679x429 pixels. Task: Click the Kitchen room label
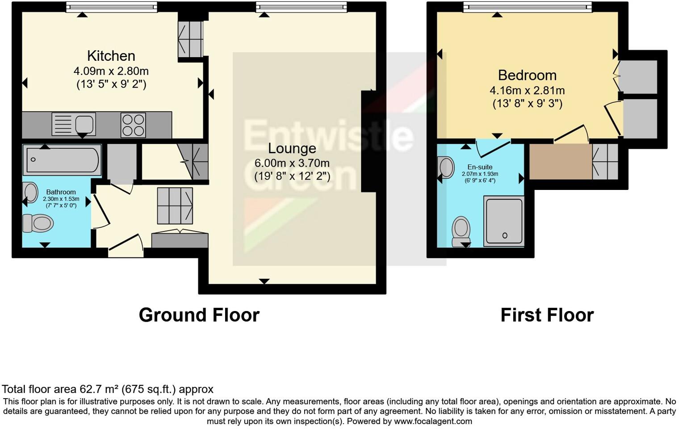[x=111, y=56]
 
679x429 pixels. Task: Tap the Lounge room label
[x=292, y=148]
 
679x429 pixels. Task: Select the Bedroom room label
[x=527, y=75]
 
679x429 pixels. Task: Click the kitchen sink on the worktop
[x=74, y=124]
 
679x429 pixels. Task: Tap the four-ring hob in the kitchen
[x=133, y=125]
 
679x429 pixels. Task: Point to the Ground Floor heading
[x=199, y=315]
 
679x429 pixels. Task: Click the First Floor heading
[x=547, y=315]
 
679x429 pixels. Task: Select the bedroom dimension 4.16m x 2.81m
[x=527, y=90]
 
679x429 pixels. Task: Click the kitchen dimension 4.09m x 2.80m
[x=111, y=71]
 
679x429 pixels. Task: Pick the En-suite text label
[x=480, y=167]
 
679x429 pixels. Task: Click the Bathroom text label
[x=61, y=192]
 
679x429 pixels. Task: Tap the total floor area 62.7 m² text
[x=108, y=389]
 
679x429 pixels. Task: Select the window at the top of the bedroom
[x=527, y=7]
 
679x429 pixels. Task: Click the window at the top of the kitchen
[x=112, y=7]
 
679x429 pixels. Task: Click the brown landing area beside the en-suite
[x=560, y=161]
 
